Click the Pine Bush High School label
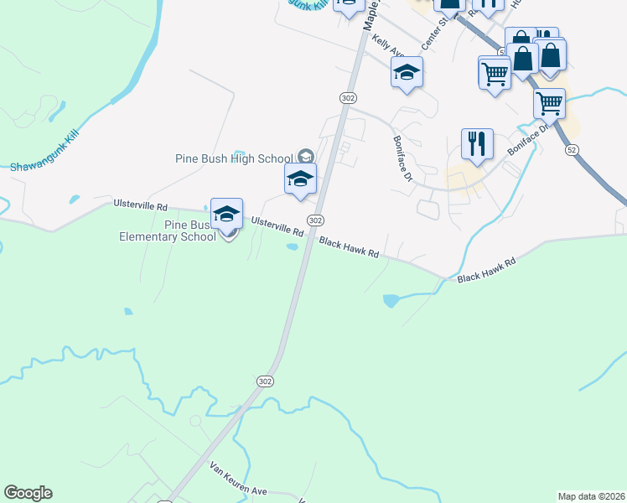click(x=233, y=158)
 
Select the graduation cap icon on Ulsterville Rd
click(x=226, y=215)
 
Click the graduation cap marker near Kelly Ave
click(x=407, y=73)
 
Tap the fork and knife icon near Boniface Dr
click(x=477, y=144)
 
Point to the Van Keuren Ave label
click(x=237, y=478)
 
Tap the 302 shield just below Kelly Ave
click(x=348, y=98)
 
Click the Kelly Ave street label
click(x=389, y=46)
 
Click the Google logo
click(x=28, y=493)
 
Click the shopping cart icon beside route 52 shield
click(x=549, y=104)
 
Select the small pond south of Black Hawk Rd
click(x=391, y=299)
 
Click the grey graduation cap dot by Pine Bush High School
click(x=305, y=156)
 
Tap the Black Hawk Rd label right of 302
click(x=350, y=247)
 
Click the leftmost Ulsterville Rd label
click(x=140, y=205)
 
